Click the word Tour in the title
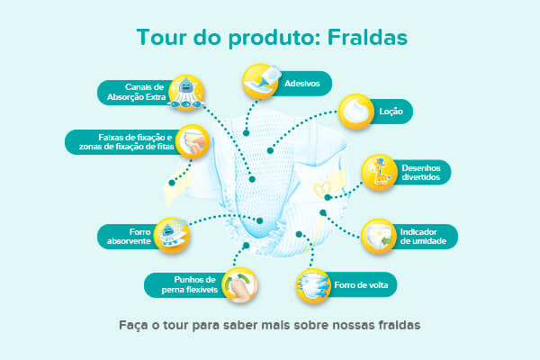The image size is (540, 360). (x=159, y=38)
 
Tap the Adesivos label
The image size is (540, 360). (x=300, y=83)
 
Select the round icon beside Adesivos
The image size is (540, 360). (x=261, y=81)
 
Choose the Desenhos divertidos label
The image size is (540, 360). (x=421, y=172)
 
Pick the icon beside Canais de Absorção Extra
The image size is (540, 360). (x=186, y=92)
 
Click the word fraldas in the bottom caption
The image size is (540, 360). (x=391, y=324)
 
